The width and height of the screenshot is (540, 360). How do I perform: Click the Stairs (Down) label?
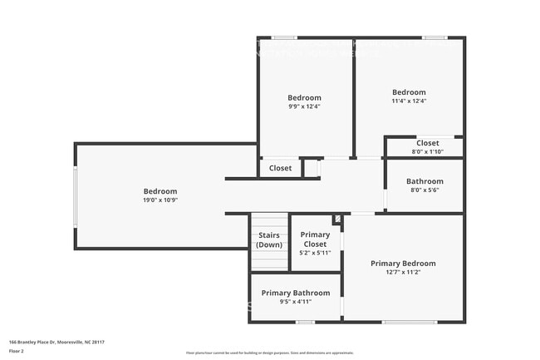tap(269, 240)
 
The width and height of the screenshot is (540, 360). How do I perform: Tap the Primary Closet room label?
tap(315, 239)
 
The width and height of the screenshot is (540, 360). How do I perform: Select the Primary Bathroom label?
tap(295, 293)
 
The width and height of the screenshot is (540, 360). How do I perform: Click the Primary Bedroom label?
tap(402, 263)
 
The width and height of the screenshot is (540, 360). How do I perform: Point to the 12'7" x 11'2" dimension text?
tap(402, 272)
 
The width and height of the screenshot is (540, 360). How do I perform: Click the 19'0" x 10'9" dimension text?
tap(160, 200)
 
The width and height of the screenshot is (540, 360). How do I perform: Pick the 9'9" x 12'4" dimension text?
tap(304, 106)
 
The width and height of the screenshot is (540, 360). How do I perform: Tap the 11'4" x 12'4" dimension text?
tap(409, 101)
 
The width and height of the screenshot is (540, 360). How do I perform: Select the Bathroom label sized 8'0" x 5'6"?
tap(424, 181)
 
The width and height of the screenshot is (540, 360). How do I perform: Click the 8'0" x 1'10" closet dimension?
tap(427, 151)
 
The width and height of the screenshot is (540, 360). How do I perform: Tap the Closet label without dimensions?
tap(280, 168)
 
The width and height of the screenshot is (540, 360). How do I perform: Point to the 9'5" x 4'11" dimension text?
tap(295, 302)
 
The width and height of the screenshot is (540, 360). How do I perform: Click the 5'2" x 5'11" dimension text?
tap(315, 253)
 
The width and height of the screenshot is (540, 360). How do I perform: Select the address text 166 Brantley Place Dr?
tap(56, 342)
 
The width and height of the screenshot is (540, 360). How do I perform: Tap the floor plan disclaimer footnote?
tap(269, 353)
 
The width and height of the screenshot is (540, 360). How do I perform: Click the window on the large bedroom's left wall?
tap(76, 196)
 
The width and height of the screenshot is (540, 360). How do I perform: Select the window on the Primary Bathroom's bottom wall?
tap(305, 322)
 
